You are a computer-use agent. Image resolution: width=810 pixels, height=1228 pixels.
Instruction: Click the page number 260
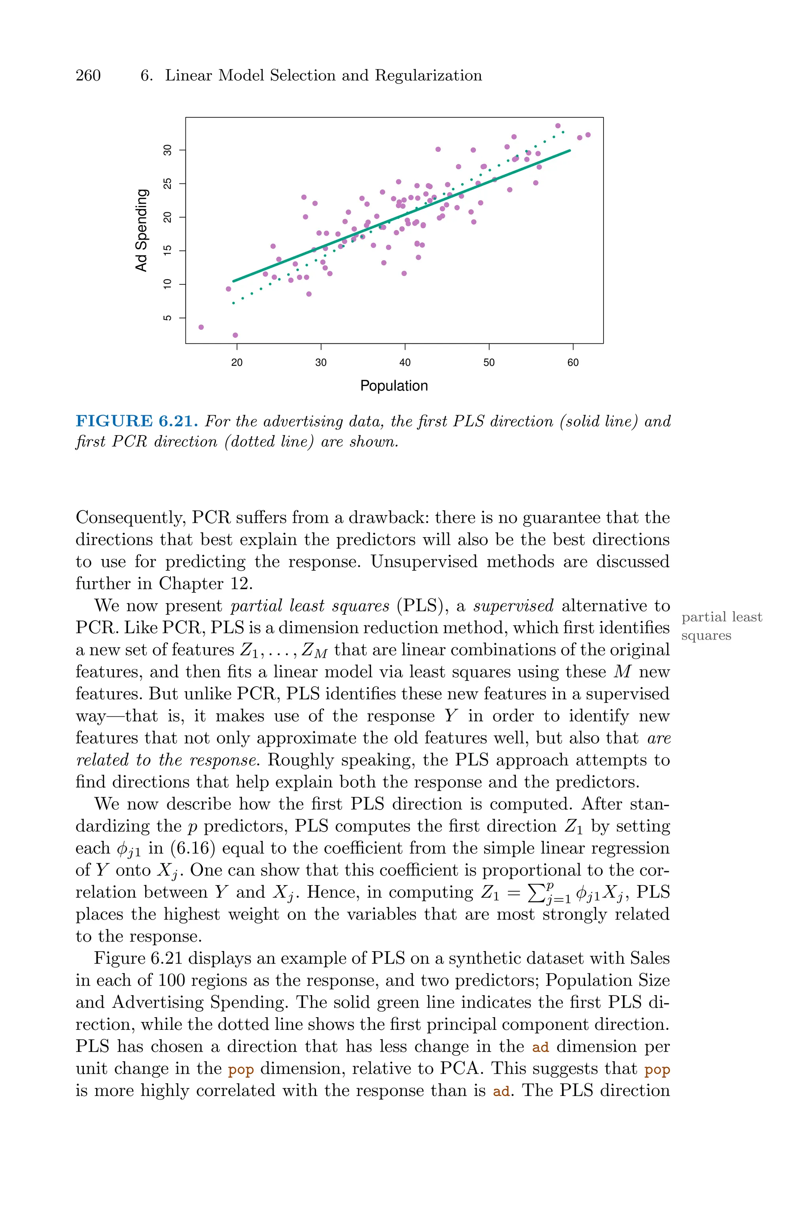(x=88, y=76)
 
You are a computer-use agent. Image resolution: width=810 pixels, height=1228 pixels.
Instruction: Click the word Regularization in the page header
(x=428, y=76)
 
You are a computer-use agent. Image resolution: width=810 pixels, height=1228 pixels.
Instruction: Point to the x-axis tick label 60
(x=573, y=363)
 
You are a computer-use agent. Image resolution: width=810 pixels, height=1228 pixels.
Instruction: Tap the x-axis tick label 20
(x=237, y=363)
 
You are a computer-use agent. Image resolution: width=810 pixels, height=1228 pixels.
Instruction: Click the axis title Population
(x=394, y=386)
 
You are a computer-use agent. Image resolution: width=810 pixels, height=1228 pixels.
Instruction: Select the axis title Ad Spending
(x=141, y=230)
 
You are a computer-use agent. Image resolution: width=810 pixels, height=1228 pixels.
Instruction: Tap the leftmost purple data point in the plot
(x=201, y=327)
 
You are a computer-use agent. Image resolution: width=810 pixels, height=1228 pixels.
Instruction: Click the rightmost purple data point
(x=588, y=135)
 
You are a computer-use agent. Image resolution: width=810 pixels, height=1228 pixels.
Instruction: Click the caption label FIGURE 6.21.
(x=136, y=421)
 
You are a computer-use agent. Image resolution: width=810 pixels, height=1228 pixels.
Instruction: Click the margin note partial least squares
(x=721, y=626)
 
